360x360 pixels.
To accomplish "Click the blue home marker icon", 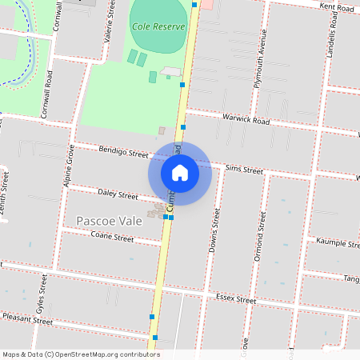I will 179,173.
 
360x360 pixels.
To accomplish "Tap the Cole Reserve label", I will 158,26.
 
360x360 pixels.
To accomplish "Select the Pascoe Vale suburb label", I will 107,220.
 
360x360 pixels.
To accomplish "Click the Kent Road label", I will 336,7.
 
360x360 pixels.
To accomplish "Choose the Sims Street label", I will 244,170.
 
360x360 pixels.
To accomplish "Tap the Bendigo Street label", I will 124,152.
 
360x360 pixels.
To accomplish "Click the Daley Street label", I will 118,194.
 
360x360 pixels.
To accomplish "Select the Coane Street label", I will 112,238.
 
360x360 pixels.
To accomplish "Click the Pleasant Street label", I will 27,321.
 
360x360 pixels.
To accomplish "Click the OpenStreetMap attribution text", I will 81,354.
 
